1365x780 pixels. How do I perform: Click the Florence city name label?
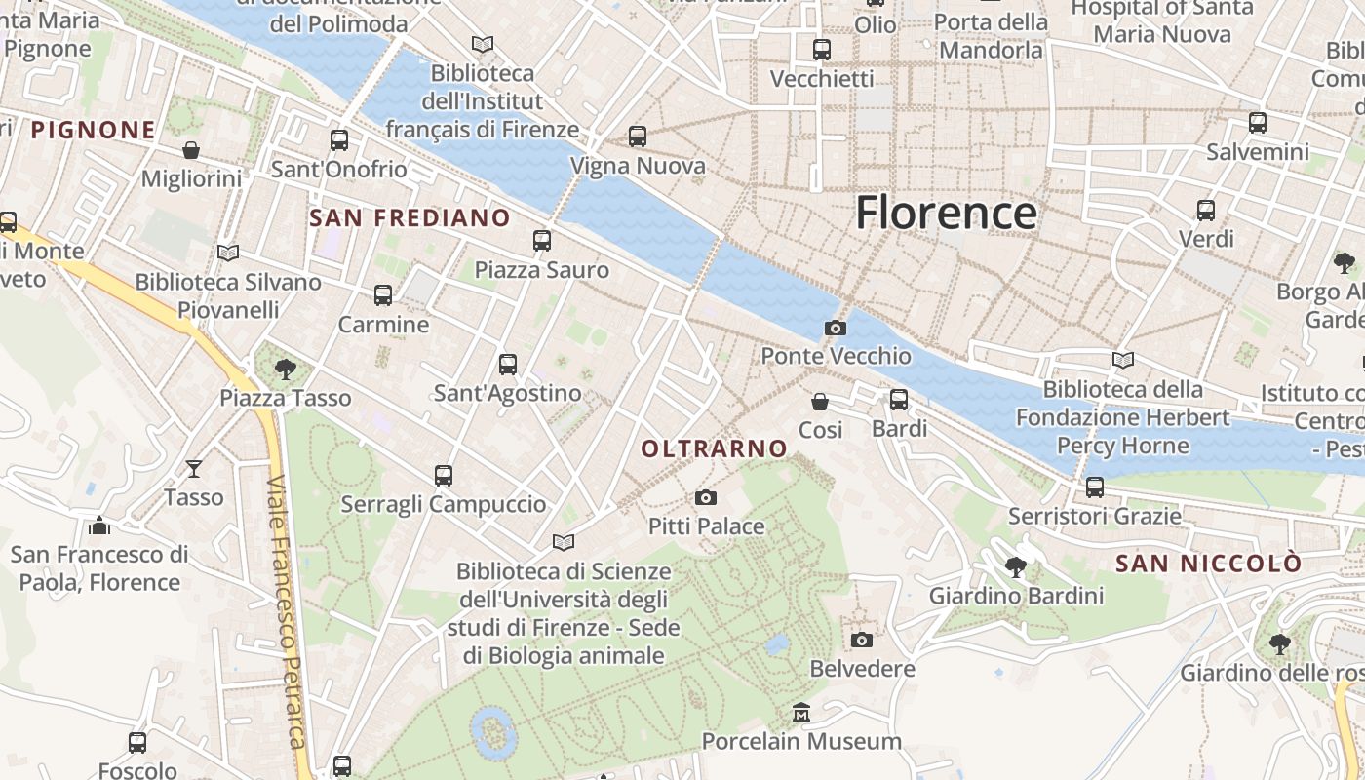point(945,213)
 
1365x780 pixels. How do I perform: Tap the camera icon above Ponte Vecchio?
point(836,328)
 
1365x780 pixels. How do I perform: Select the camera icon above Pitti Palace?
point(706,498)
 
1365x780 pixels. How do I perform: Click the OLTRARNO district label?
point(715,448)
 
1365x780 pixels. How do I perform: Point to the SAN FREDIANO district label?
point(409,217)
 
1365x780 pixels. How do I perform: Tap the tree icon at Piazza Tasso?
point(286,370)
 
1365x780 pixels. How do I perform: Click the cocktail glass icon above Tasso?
point(194,469)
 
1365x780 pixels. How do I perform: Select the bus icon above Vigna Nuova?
point(638,136)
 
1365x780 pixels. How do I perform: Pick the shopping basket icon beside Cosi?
point(820,402)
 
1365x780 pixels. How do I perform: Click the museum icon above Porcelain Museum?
point(801,713)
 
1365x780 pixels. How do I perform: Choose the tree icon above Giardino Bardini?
point(1016,566)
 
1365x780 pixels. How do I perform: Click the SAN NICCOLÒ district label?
point(1208,564)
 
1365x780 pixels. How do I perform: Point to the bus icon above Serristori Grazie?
point(1095,487)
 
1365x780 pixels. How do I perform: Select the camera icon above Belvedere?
point(861,640)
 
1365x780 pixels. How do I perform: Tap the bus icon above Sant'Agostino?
point(508,365)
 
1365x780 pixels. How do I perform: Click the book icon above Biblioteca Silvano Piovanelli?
point(228,253)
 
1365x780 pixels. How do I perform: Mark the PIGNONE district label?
point(94,130)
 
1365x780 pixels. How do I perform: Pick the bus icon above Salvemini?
point(1258,123)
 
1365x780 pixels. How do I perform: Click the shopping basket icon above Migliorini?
point(191,150)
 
